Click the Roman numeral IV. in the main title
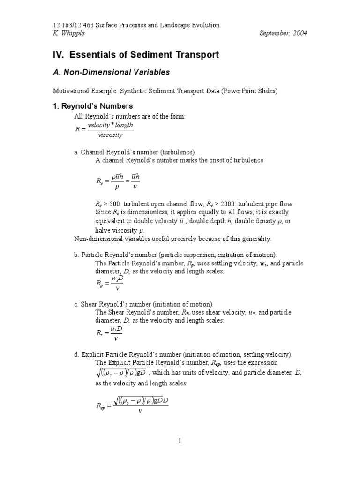click(x=58, y=55)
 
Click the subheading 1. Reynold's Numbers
click(x=93, y=106)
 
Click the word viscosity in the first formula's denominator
click(x=110, y=135)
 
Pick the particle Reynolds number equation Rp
click(x=109, y=284)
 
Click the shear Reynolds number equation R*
click(x=109, y=333)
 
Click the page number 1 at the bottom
click(x=180, y=441)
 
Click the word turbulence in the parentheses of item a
click(x=179, y=152)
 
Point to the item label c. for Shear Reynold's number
click(x=77, y=304)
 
